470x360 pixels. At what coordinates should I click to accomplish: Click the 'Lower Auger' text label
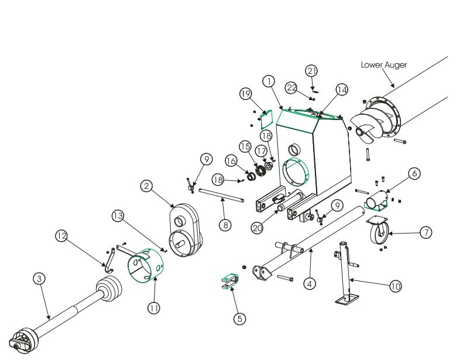point(383,65)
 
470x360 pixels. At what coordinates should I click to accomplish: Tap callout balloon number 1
point(269,80)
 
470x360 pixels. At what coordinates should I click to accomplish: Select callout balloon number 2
point(147,186)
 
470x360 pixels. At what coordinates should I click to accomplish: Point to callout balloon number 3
point(39,279)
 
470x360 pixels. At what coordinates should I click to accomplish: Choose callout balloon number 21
point(312,71)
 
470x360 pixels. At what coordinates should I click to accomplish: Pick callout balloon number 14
point(341,89)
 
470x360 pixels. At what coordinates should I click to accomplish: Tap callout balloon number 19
point(246,94)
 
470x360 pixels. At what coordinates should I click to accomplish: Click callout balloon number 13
point(119,216)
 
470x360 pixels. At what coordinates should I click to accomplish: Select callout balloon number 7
point(426,232)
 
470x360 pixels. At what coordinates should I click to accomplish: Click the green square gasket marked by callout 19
point(264,118)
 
